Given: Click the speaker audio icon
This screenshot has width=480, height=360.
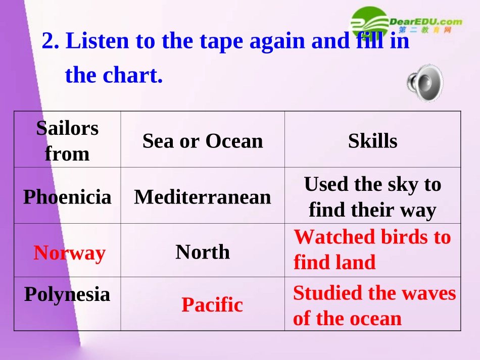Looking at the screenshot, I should click(x=425, y=82).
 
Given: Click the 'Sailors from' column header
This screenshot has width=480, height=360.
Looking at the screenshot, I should click(x=67, y=141).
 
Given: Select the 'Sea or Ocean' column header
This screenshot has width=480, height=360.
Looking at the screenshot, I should click(x=203, y=141).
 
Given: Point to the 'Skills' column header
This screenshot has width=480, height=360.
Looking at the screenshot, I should click(x=372, y=141).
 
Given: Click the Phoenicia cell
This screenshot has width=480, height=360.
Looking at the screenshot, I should click(x=67, y=196).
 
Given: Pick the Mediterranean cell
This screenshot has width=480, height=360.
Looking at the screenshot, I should click(x=203, y=196).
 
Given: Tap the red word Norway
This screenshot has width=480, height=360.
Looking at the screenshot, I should click(x=70, y=252).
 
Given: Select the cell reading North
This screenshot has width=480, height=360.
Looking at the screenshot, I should click(x=203, y=251).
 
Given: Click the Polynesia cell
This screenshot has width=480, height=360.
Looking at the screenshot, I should click(x=67, y=294).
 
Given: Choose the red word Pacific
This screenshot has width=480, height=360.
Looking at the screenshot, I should click(x=212, y=304).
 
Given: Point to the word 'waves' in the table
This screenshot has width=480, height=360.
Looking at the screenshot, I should click(x=431, y=292).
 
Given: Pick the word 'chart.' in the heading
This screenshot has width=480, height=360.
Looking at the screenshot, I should click(x=133, y=75).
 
